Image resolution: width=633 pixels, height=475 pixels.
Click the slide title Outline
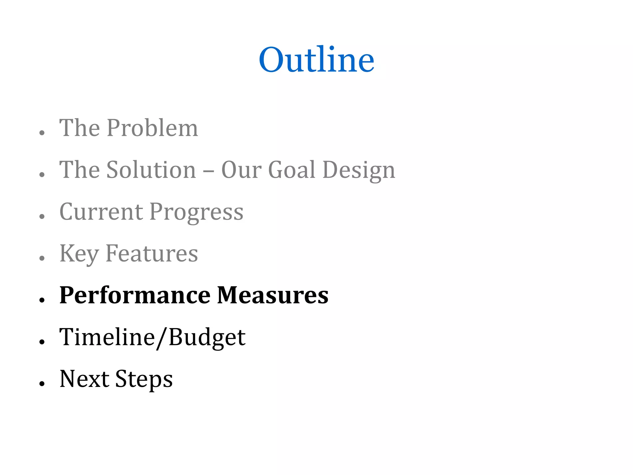[316, 59]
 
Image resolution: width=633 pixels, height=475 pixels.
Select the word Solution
[151, 170]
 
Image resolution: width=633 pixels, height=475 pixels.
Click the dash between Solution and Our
[209, 171]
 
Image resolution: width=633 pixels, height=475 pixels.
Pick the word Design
[359, 170]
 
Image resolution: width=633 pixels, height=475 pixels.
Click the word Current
[101, 212]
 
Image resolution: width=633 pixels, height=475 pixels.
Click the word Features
[152, 254]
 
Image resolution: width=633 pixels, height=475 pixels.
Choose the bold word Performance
[135, 296]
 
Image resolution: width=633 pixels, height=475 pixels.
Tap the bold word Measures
[273, 295]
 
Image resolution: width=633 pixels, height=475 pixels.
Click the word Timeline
[107, 337]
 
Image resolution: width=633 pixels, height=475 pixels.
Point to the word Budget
[207, 337]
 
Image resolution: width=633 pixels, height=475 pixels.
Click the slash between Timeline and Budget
[162, 338]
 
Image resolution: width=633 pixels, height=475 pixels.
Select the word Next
[84, 379]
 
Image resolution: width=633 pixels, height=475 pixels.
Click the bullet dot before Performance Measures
[42, 300]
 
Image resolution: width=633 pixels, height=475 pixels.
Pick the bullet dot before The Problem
[42, 132]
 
